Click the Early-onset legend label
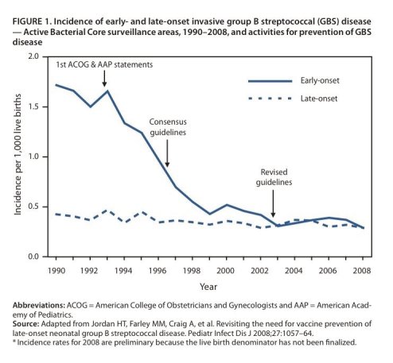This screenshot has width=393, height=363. coord(320,80)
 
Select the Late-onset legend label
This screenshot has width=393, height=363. coord(319,98)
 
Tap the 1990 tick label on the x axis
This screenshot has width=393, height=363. coord(56,271)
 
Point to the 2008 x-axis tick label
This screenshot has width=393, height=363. coord(362,271)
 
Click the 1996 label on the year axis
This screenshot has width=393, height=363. coord(158,271)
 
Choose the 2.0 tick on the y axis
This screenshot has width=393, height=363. coord(33,56)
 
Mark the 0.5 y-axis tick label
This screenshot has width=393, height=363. coord(33,207)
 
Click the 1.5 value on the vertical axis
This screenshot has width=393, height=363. coord(33,106)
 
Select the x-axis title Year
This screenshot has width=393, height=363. coord(208,287)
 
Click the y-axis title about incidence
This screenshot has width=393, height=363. coord(18,154)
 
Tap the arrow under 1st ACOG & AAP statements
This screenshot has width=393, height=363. coord(104,79)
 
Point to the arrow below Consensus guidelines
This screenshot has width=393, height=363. coord(167,153)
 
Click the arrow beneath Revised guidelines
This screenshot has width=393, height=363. coord(273,204)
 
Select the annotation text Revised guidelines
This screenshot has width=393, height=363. coord(274,177)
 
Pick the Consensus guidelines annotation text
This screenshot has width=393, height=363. coord(168,127)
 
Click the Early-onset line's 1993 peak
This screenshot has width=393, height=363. coord(107,91)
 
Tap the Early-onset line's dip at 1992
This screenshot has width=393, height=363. coord(91,106)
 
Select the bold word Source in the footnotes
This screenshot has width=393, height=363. coord(25,324)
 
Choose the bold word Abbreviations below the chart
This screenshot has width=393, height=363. coord(39,305)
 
